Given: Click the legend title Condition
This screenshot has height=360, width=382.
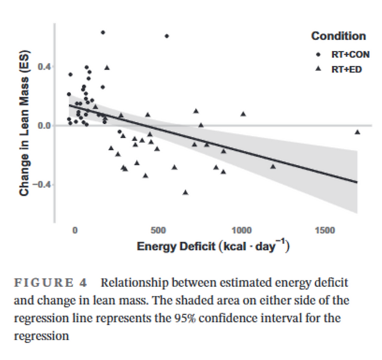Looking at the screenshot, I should tap(338, 37).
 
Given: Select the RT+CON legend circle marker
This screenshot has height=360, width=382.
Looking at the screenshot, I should tap(319, 55).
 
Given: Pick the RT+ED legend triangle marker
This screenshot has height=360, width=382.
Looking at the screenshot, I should tap(319, 69).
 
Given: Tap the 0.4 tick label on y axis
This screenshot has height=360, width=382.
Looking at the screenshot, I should tap(45, 67).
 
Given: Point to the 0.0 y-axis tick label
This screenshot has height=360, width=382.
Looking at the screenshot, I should tap(45, 125).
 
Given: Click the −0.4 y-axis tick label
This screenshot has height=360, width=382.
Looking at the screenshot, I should tap(42, 185).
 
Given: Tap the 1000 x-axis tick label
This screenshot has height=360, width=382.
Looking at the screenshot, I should tap(242, 231).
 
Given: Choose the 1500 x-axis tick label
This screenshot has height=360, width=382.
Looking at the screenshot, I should tap(325, 231).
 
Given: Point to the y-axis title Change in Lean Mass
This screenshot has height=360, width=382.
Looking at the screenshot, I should tap(24, 125).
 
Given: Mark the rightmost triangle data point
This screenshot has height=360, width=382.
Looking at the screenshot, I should tap(358, 132).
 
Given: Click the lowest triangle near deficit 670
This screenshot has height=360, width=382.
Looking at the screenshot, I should tap(186, 192).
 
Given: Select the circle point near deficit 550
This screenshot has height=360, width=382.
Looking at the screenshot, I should tap(167, 36).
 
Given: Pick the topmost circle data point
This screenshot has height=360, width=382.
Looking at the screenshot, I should tap(103, 33).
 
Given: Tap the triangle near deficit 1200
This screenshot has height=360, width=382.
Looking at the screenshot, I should tap(273, 167).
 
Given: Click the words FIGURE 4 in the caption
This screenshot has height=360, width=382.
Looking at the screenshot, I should tap(50, 283).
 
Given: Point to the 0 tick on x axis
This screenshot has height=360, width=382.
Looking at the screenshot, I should tap(75, 231).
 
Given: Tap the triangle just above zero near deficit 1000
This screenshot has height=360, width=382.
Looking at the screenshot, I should tap(243, 114).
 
